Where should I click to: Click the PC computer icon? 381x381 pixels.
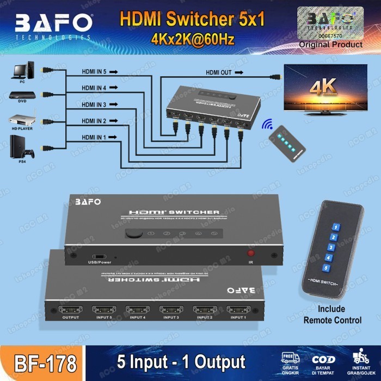pyautogui.click(x=22, y=71)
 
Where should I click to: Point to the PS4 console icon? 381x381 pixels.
pyautogui.click(x=22, y=147)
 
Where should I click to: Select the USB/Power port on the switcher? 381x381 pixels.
pyautogui.click(x=100, y=256)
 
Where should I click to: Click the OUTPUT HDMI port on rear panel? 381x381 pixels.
pyautogui.click(x=70, y=310)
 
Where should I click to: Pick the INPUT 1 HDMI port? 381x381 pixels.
pyautogui.click(x=238, y=310)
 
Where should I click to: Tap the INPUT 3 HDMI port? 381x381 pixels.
pyautogui.click(x=171, y=310)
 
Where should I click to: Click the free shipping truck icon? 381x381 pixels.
pyautogui.click(x=291, y=358)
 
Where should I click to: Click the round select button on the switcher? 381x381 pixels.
pyautogui.click(x=132, y=234)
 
